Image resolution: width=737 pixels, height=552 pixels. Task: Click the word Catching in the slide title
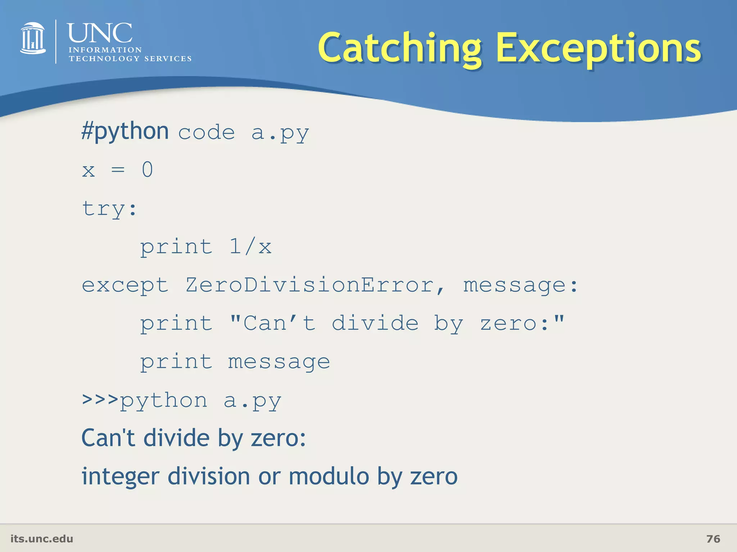point(399,49)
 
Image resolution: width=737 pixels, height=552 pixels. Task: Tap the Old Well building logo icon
point(33,38)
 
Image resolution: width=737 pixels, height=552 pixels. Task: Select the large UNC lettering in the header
point(100,33)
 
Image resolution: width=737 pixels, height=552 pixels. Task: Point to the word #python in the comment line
point(125,131)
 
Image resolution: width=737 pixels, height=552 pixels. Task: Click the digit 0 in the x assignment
point(147,170)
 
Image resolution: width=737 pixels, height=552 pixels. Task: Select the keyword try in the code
point(104,208)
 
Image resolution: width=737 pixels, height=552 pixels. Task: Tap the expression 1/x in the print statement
point(250,247)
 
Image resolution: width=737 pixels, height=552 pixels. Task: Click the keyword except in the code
point(125,285)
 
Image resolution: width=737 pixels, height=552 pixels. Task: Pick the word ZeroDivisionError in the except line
point(309,285)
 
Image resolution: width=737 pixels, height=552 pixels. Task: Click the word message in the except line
point(515,285)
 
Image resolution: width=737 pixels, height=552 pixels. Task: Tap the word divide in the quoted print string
point(375,323)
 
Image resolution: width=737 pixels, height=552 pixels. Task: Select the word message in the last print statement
point(279,362)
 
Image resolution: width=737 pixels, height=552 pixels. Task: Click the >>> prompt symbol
point(100,400)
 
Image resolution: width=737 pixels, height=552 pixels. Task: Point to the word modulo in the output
point(329,477)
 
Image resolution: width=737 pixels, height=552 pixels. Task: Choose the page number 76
point(713,539)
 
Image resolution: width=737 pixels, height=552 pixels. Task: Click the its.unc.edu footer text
point(42,539)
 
